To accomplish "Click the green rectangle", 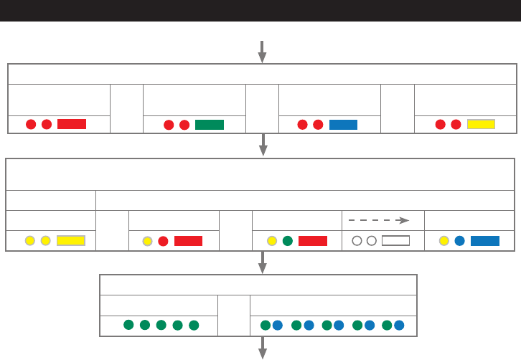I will (210, 124).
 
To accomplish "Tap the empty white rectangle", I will (395, 241).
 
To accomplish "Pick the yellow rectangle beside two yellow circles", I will (70, 241).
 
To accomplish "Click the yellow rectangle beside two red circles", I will (481, 124).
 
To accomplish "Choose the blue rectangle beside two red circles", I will (343, 124).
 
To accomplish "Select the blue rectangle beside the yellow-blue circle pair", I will (485, 241).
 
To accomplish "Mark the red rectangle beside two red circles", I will (72, 124).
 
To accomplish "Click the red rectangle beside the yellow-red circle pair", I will (188, 241).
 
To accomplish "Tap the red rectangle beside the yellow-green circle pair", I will (313, 241).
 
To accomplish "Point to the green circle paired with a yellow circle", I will (287, 241).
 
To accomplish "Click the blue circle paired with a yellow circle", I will (459, 241).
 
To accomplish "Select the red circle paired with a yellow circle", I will (163, 241).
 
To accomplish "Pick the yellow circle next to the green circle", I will (271, 241).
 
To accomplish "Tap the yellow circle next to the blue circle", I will (443, 241).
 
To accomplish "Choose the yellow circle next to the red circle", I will (147, 241).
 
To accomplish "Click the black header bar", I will (260, 10).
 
